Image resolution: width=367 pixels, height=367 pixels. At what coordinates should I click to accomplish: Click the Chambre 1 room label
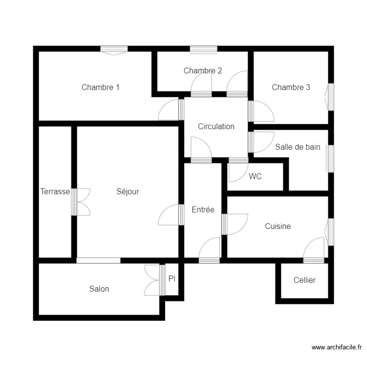coord(100,88)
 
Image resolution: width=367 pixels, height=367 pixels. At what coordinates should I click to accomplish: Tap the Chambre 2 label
coord(203,71)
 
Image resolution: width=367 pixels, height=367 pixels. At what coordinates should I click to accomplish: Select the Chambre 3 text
coord(291,88)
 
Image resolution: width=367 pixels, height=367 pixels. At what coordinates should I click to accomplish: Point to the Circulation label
coord(216,126)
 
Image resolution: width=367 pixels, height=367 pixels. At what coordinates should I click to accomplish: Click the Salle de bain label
coord(298,147)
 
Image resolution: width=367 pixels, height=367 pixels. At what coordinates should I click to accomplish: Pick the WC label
coord(255,177)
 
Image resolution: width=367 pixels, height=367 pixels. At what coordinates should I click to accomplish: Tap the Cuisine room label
coord(277,226)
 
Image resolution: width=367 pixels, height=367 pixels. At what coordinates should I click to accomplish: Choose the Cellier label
coord(304,280)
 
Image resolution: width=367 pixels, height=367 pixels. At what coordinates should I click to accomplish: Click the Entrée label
coord(203,209)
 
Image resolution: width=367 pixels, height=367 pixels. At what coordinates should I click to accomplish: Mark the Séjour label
coord(128,192)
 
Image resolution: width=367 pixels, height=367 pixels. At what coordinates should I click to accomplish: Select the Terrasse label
coord(55,192)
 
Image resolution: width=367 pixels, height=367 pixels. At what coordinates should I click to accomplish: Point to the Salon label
coord(99,289)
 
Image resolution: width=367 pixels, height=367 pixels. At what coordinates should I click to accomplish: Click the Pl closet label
coord(172,279)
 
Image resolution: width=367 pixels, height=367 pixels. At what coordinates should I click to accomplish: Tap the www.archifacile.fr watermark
coord(337,347)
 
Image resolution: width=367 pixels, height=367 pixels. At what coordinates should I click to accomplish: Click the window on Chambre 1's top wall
coord(114,49)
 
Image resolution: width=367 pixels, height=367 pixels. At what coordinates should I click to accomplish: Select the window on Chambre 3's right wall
coord(331,96)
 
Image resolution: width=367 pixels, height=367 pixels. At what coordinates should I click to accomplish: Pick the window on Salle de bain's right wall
coord(331,159)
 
